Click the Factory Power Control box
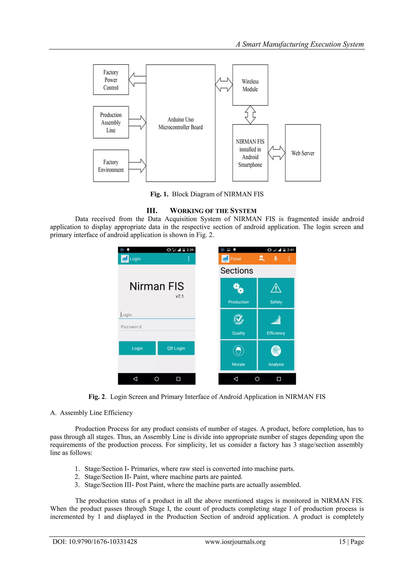[111, 80]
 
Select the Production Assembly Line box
[111, 122]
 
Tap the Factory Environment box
[111, 166]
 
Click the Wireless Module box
[250, 85]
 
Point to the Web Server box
[303, 153]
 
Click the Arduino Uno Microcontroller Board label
[181, 123]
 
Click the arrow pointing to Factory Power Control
[137, 79]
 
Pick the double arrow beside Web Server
[277, 153]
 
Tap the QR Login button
[176, 348]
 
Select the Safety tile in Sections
[276, 293]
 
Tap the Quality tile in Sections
[238, 324]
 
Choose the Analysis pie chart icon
[276, 351]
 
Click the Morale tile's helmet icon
[238, 351]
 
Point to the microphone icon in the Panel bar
[276, 259]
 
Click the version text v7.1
[180, 296]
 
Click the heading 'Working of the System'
[213, 211]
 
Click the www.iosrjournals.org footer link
[235, 542]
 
